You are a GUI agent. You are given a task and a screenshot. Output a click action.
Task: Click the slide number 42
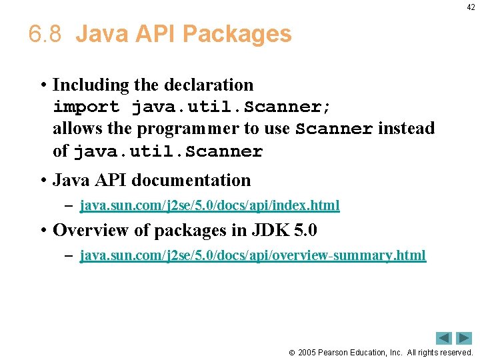pyautogui.click(x=471, y=7)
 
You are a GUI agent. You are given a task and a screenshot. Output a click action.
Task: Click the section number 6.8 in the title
pyautogui.click(x=45, y=34)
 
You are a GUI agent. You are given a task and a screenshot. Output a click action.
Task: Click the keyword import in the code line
pyautogui.click(x=86, y=107)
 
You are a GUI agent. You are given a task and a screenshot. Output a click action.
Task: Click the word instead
pyautogui.click(x=406, y=128)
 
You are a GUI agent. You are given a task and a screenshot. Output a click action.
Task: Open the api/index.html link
pyautogui.click(x=209, y=205)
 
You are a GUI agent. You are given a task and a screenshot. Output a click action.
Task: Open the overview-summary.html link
pyautogui.click(x=253, y=255)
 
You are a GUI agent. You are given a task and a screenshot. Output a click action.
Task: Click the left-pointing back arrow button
pyautogui.click(x=444, y=338)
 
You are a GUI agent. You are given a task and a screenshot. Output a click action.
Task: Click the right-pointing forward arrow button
pyautogui.click(x=464, y=338)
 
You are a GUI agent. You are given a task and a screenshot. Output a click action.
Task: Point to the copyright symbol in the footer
pyautogui.click(x=291, y=352)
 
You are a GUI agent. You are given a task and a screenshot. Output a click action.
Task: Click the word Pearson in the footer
pyautogui.click(x=333, y=352)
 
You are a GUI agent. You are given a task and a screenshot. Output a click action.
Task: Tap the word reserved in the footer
pyautogui.click(x=454, y=352)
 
